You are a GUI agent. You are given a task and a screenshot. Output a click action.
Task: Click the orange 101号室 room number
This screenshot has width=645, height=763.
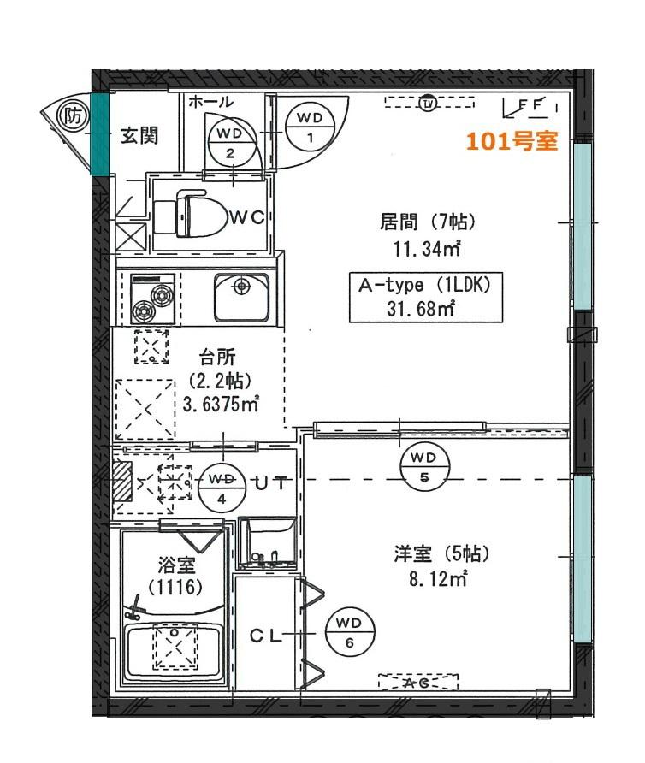(512, 140)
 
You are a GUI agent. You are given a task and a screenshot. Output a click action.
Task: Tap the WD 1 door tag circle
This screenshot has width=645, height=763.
(310, 127)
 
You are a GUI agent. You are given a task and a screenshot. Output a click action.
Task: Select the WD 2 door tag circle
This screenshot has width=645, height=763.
(231, 144)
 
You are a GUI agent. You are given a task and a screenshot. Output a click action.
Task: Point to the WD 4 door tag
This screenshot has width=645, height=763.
(222, 488)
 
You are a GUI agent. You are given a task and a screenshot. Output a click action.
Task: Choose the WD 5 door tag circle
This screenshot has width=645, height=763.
(423, 468)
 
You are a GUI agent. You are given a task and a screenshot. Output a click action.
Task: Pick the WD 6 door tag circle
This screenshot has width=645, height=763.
(350, 633)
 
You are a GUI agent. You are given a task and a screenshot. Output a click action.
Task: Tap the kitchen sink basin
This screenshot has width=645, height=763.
(241, 298)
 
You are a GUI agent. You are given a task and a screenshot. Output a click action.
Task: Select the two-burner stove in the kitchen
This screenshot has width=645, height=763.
(153, 299)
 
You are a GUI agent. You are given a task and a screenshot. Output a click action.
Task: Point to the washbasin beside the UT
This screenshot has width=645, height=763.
(267, 542)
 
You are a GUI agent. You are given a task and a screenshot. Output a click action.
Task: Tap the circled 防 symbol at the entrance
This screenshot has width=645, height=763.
(73, 117)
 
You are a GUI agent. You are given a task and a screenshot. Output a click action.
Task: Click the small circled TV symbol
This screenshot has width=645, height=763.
(428, 104)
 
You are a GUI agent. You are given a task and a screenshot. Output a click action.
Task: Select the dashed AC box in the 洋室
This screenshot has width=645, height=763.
(418, 683)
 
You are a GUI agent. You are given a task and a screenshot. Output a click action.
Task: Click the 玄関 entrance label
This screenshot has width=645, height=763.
(139, 135)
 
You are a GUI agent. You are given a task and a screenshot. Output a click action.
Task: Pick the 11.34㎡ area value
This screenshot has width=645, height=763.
(426, 249)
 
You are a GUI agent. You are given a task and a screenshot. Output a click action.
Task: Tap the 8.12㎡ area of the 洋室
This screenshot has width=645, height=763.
(438, 579)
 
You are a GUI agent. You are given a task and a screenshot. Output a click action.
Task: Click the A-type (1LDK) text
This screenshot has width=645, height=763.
(424, 285)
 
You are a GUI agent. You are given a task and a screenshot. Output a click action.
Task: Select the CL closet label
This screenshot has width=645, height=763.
(265, 635)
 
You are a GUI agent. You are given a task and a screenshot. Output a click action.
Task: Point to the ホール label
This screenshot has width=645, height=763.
(210, 102)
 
